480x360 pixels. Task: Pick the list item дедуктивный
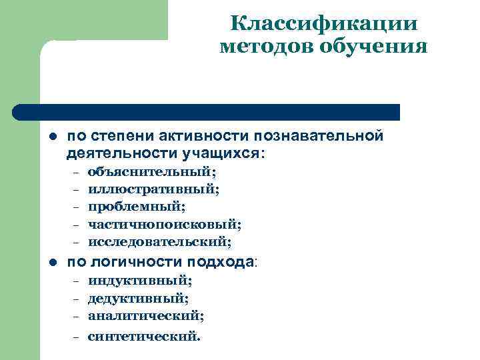tap(139, 298)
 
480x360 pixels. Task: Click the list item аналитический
tap(146, 315)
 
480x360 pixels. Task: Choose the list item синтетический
tap(143, 336)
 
